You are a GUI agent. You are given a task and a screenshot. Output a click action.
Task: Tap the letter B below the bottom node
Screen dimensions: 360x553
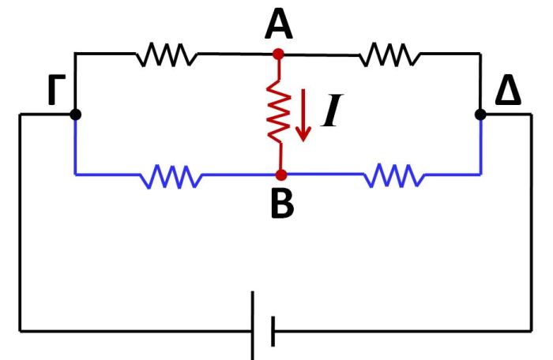[x=281, y=204]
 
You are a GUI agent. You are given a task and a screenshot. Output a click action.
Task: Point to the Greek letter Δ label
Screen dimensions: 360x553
[x=508, y=93]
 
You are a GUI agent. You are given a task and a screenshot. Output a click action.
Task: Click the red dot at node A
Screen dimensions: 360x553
[x=277, y=54]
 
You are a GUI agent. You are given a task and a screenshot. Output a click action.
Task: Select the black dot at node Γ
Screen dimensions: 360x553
[x=75, y=114]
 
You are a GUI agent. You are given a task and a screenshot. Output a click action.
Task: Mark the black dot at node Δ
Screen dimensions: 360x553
[x=480, y=114]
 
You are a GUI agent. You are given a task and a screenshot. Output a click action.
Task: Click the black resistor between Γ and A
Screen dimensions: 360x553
[x=166, y=54]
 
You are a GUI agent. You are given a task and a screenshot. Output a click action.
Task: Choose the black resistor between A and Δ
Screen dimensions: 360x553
[x=389, y=54]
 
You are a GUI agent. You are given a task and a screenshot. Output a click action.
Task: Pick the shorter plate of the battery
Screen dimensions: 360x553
[x=273, y=330]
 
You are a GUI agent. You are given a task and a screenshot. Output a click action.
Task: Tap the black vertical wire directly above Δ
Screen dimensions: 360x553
[x=480, y=83]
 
